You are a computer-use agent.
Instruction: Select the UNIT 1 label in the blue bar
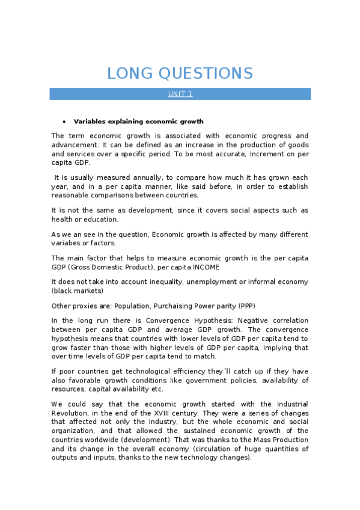[180, 94]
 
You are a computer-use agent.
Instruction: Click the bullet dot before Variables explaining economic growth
[64, 121]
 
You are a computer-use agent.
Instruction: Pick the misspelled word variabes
[68, 243]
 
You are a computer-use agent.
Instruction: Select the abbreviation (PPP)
[225, 305]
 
